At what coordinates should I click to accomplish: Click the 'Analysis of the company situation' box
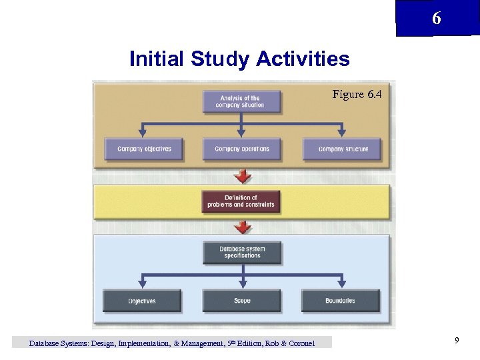241,102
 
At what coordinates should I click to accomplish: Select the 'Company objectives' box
144,149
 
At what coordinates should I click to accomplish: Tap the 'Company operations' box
241,149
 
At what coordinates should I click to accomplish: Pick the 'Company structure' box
343,149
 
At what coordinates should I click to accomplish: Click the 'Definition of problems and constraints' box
241,201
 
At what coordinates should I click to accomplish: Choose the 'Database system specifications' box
241,253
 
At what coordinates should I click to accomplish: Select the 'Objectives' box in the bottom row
141,301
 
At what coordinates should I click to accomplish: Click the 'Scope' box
241,301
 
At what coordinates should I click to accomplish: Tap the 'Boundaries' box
340,301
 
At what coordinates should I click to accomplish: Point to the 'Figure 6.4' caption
357,95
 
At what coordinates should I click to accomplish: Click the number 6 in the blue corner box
436,19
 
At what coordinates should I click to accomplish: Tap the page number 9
457,341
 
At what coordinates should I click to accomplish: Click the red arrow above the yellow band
244,177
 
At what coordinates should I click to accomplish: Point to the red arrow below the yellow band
244,228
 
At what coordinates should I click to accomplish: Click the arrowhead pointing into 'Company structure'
343,133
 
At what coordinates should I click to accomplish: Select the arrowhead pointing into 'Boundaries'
340,285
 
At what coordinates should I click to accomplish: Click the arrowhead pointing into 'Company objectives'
142,133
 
